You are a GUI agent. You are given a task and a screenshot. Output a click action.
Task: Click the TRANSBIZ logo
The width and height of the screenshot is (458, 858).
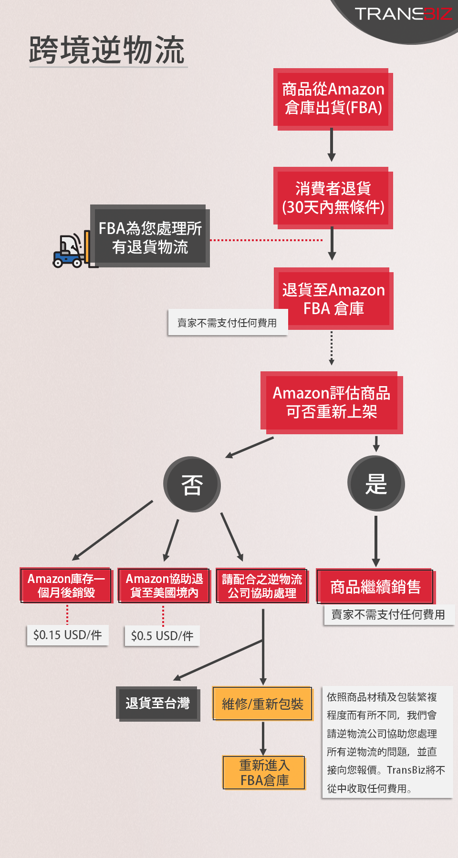click(x=403, y=14)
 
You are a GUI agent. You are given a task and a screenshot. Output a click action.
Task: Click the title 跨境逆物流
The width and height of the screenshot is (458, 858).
click(x=107, y=50)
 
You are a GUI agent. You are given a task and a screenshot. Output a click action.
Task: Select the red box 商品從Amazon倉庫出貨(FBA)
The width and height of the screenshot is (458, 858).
click(x=333, y=99)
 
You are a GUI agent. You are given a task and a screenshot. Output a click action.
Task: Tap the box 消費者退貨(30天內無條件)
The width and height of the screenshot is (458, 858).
click(x=333, y=198)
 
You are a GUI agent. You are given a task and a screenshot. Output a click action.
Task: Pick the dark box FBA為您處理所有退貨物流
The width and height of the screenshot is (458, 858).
click(x=150, y=236)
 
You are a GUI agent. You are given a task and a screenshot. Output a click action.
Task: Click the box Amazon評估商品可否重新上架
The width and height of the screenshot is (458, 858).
click(x=332, y=403)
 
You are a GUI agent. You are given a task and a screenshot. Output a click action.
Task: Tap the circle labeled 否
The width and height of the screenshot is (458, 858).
click(x=192, y=484)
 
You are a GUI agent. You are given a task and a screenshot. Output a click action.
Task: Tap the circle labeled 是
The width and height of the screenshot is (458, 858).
click(x=376, y=484)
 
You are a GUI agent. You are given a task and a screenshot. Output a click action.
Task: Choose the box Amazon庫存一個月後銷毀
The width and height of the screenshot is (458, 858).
click(x=66, y=585)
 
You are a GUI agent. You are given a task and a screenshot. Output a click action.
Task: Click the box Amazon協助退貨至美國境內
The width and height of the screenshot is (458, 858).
click(x=164, y=585)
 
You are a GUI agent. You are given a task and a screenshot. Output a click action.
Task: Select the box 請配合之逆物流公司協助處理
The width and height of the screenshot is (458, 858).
click(x=262, y=586)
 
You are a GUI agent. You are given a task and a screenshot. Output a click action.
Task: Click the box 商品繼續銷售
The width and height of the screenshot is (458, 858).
click(x=375, y=586)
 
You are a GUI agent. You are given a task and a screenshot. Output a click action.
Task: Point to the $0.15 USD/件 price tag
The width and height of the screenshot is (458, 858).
click(x=68, y=635)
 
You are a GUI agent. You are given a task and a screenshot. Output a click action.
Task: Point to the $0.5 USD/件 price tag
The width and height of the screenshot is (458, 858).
click(x=162, y=636)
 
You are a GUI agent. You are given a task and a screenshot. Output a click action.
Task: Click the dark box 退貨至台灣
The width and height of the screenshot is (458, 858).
click(x=158, y=704)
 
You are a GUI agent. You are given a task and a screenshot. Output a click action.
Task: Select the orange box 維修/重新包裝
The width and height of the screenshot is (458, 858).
click(x=262, y=704)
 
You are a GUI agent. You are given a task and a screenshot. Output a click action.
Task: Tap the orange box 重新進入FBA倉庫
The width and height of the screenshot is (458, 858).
click(x=264, y=773)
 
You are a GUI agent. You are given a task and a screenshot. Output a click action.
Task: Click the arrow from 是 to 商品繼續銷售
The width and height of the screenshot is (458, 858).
click(x=376, y=541)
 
